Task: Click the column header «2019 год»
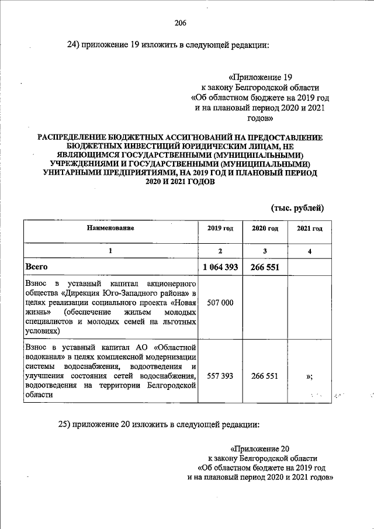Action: click(220, 229)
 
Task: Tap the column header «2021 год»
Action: click(310, 229)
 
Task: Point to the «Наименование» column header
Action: click(110, 228)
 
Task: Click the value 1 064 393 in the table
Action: click(220, 267)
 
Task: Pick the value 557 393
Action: click(220, 376)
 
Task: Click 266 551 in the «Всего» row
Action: click(264, 267)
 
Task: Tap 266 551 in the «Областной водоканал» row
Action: click(264, 376)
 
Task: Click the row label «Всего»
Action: click(36, 267)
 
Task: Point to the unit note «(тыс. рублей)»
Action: click(296, 208)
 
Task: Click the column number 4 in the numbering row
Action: click(310, 251)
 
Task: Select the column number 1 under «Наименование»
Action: click(110, 250)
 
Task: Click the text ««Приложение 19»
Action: click(260, 77)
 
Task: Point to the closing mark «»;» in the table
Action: click(309, 376)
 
